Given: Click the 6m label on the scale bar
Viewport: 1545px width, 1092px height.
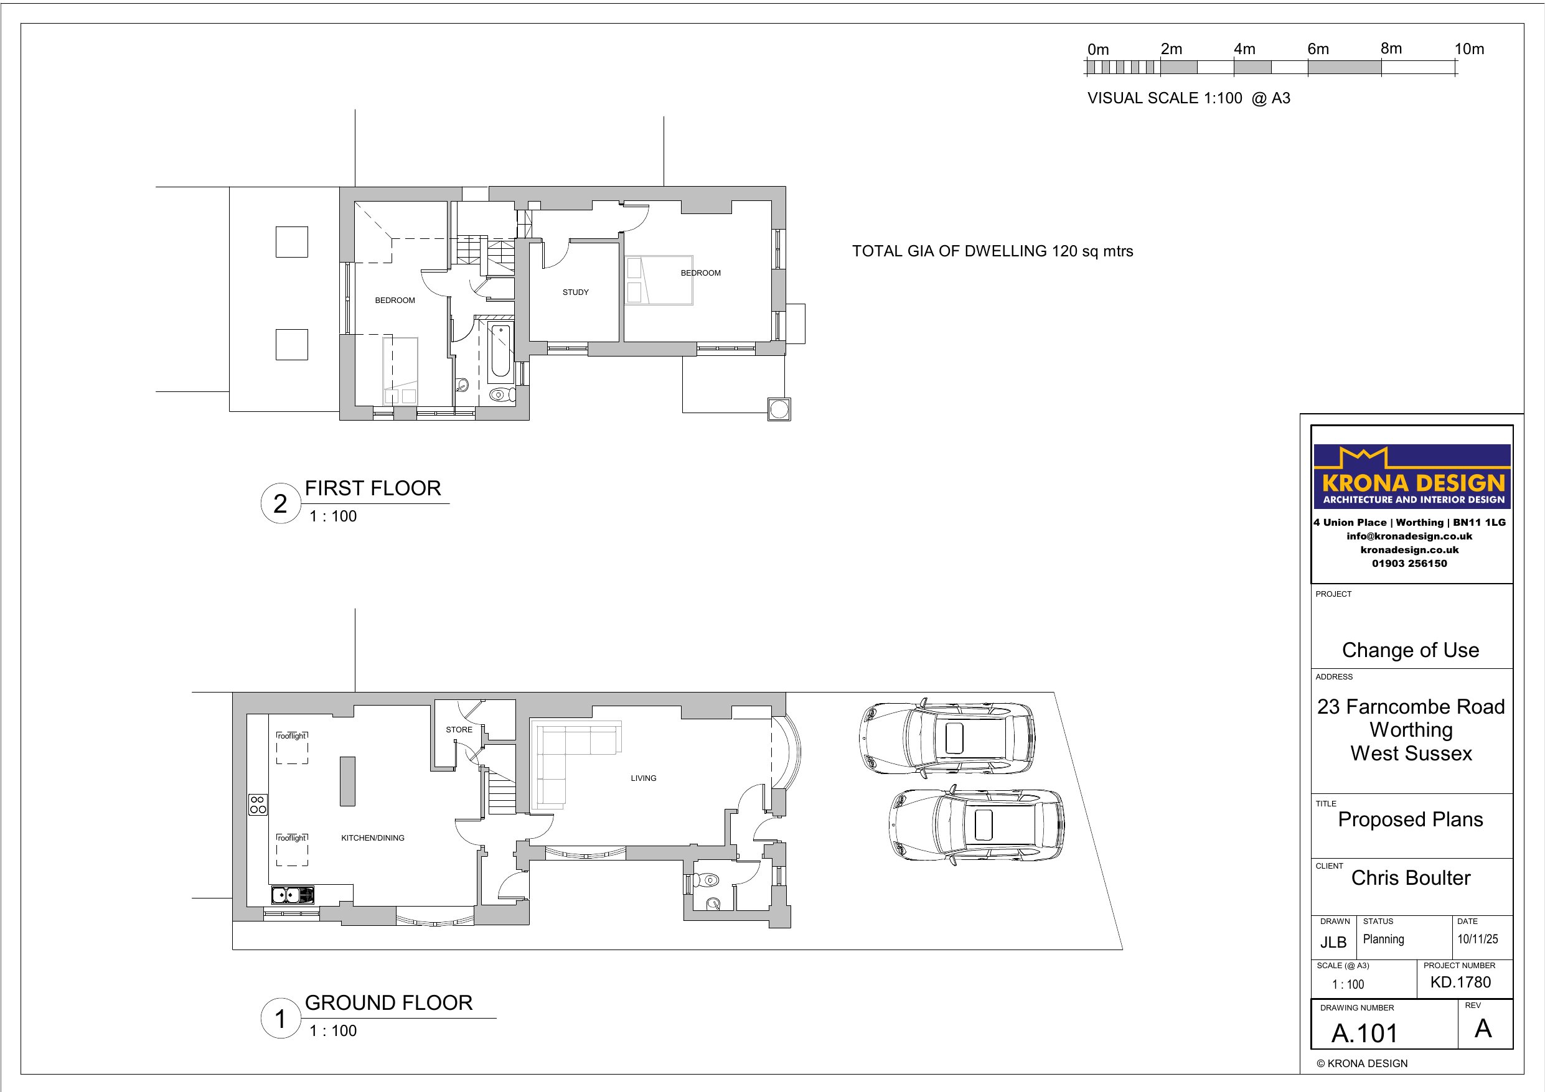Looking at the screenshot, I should point(1318,49).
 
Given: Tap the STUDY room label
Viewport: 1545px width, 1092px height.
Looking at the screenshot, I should point(575,292).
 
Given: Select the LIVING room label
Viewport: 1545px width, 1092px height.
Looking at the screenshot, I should point(643,778).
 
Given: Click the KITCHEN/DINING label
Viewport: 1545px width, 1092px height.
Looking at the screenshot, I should point(372,838).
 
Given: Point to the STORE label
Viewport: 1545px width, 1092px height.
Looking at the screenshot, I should point(459,729).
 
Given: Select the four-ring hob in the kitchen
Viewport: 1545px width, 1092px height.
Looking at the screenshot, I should point(258,805).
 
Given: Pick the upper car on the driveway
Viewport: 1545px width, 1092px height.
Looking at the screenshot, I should point(947,738).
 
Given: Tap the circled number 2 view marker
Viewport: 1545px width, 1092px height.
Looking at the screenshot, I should point(280,503).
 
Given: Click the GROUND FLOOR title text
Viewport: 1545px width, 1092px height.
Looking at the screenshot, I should point(388,1002).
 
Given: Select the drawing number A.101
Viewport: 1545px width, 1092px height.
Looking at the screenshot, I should point(1364,1033).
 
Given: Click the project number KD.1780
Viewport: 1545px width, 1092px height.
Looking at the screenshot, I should point(1460,982).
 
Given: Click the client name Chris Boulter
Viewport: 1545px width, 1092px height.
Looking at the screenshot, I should point(1411,877).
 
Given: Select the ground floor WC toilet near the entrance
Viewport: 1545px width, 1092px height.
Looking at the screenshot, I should point(708,879).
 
